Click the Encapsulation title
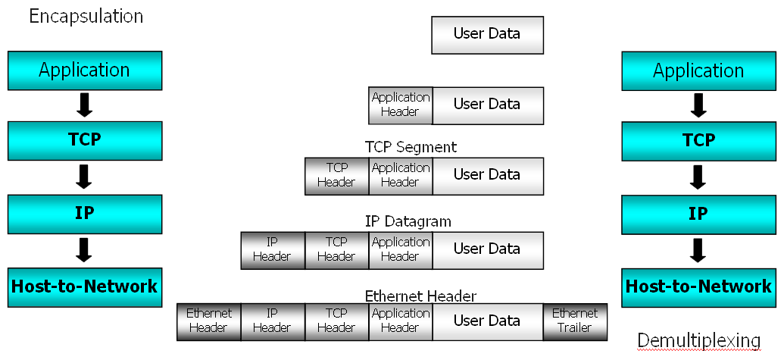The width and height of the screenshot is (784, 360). click(x=86, y=16)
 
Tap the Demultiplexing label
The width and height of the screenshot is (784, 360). click(x=698, y=340)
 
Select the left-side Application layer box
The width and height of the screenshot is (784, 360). click(x=85, y=70)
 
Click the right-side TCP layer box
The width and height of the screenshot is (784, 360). click(x=698, y=140)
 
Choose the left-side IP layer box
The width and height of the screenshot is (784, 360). click(x=85, y=214)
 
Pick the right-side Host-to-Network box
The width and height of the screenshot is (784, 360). click(x=698, y=286)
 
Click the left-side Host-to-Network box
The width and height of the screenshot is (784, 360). click(x=85, y=286)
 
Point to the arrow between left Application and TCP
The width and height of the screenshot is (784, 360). click(x=85, y=105)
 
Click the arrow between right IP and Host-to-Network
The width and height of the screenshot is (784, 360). click(x=698, y=250)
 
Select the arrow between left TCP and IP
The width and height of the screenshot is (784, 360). click(x=85, y=177)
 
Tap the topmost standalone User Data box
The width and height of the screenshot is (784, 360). click(x=487, y=35)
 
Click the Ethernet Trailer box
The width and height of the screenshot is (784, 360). click(x=574, y=321)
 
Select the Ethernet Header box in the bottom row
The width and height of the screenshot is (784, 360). click(x=208, y=321)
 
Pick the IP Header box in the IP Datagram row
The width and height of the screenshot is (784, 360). click(x=273, y=249)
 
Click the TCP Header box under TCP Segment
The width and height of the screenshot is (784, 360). click(x=336, y=176)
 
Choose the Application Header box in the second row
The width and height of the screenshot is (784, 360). click(x=400, y=105)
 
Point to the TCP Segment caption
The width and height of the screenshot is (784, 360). click(x=411, y=147)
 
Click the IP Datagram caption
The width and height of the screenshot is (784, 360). click(x=408, y=221)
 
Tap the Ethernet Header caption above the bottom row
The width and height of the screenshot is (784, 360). click(x=420, y=296)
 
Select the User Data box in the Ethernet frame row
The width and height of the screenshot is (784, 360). click(x=487, y=321)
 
